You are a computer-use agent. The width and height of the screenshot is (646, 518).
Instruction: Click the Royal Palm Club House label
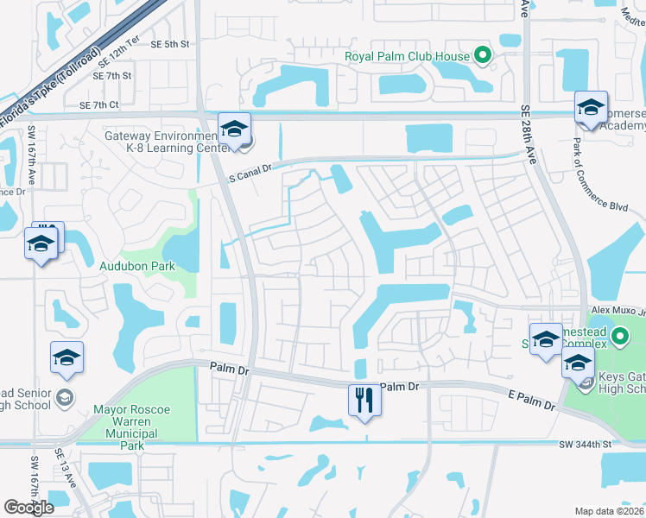(407, 57)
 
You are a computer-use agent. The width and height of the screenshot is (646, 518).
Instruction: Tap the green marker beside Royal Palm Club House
(483, 57)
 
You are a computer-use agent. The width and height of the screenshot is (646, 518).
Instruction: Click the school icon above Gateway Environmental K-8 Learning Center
(234, 129)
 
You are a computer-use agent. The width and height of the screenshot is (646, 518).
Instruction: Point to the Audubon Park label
(137, 266)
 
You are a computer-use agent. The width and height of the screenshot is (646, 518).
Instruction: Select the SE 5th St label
(169, 44)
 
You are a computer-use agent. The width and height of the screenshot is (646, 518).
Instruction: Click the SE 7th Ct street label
(98, 104)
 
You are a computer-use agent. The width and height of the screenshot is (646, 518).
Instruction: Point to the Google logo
(28, 508)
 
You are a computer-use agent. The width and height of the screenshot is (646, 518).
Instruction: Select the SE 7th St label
(114, 76)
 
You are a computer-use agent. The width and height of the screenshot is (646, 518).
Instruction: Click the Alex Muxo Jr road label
(617, 310)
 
